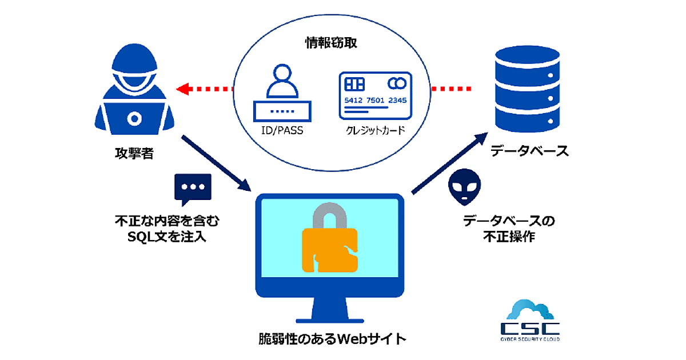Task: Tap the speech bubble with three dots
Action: pos(193,189)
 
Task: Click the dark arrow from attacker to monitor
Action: pos(216,163)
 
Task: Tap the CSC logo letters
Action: pos(529,328)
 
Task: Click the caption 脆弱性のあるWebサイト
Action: pos(332,338)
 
